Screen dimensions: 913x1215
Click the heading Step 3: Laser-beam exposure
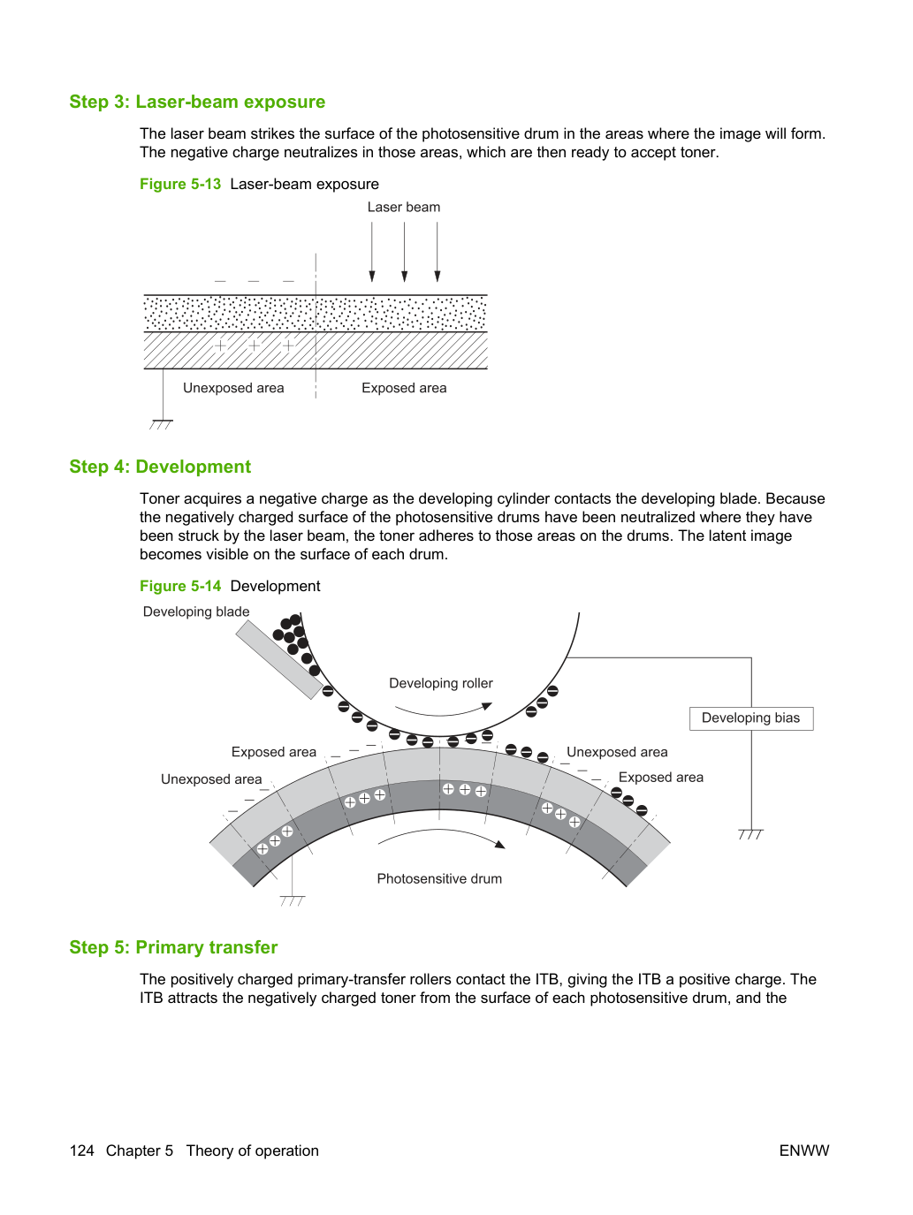point(197,102)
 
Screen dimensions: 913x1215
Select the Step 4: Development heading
point(160,467)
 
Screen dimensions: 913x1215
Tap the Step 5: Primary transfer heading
point(173,947)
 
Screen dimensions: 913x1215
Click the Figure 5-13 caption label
point(180,184)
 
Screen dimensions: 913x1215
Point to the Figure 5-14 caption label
point(180,586)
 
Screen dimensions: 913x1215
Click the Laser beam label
point(404,207)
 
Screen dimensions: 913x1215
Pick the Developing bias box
point(751,718)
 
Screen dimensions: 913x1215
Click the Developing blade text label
point(196,611)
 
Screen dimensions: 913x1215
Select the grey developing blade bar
point(279,659)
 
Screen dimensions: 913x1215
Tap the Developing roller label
point(441,683)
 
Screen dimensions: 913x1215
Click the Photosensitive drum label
point(439,878)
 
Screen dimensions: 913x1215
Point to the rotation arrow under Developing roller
point(443,712)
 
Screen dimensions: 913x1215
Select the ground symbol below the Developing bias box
point(750,833)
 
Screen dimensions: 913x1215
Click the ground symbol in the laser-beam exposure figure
point(161,424)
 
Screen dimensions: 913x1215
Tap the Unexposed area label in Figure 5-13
point(233,388)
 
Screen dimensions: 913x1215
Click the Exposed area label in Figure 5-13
point(404,388)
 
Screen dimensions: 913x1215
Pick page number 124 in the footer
point(81,1150)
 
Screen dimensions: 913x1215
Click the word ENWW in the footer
point(804,1150)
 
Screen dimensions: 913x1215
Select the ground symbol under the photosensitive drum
point(293,900)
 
